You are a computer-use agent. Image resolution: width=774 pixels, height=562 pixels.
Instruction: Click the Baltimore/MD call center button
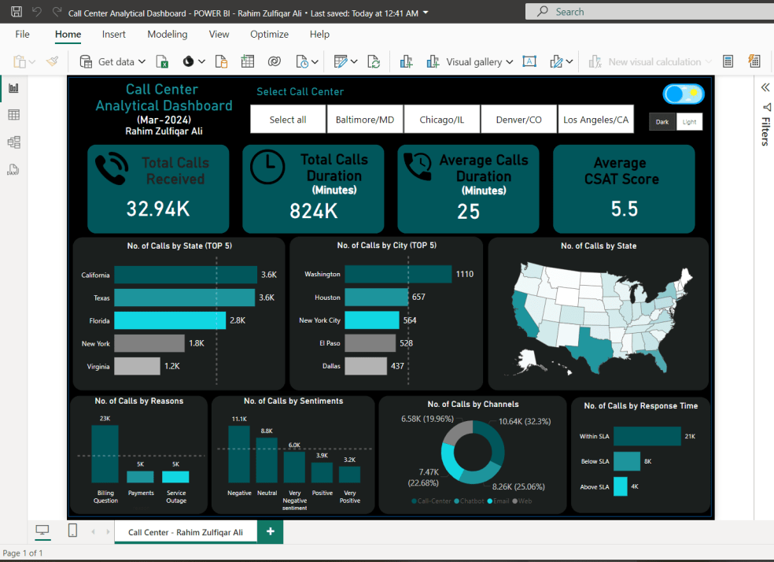tap(365, 120)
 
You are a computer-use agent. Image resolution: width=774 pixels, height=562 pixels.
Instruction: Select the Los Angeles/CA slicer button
tap(596, 120)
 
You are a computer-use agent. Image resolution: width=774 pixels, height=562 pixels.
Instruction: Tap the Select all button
tap(288, 120)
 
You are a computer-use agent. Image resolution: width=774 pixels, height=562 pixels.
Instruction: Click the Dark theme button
tap(662, 122)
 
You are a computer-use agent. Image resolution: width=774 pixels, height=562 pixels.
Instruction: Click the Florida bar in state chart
tap(169, 320)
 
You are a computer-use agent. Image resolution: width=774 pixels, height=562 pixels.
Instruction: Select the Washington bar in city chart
tap(397, 274)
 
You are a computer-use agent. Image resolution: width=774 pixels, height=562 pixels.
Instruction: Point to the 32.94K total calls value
tap(158, 209)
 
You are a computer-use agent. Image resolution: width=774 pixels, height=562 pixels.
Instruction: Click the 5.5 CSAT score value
tap(624, 209)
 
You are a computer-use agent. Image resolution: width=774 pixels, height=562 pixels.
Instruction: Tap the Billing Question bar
tap(105, 453)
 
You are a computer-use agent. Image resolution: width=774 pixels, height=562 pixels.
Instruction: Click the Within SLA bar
tap(647, 436)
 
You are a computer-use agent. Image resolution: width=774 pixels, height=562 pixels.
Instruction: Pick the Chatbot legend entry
tap(470, 501)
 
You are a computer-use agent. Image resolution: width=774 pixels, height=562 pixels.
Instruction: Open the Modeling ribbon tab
tap(168, 35)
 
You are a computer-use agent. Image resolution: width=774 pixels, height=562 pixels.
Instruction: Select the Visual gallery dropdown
tap(479, 61)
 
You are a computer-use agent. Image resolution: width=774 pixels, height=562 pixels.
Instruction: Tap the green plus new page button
tap(270, 532)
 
